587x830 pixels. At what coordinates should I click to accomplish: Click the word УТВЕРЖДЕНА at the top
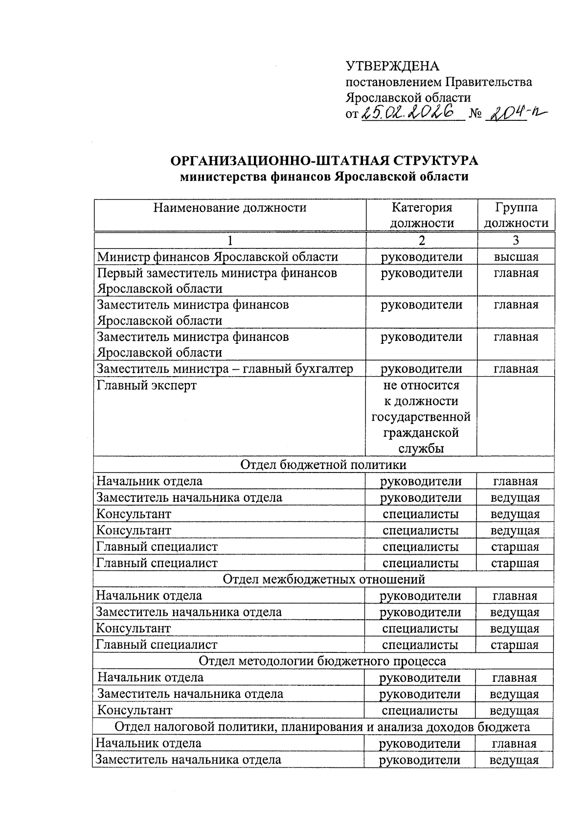click(x=392, y=66)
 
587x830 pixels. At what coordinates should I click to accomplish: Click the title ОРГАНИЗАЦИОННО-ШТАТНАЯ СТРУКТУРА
click(x=324, y=161)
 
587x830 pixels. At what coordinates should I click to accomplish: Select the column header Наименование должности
click(x=230, y=208)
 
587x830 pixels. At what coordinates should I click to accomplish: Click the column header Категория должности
click(x=422, y=215)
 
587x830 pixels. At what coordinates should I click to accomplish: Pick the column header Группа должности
click(x=516, y=215)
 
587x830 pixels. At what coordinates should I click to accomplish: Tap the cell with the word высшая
click(x=516, y=257)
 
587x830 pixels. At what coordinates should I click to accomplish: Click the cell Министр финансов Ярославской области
click(x=218, y=257)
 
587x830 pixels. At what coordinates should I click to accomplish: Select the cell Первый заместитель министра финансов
click(x=217, y=273)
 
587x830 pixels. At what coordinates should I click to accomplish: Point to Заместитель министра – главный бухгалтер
click(x=225, y=369)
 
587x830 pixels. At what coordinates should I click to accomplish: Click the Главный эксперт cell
click(x=147, y=385)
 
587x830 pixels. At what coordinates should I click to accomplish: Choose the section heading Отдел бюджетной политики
click(x=323, y=465)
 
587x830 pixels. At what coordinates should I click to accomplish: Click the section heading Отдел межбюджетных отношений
click(x=323, y=580)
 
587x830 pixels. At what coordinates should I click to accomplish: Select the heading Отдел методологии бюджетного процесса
click(x=322, y=661)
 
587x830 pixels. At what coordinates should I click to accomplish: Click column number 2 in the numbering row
click(x=422, y=240)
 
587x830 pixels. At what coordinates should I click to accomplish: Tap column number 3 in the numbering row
click(x=516, y=240)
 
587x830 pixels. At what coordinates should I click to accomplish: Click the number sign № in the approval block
click(x=475, y=115)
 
